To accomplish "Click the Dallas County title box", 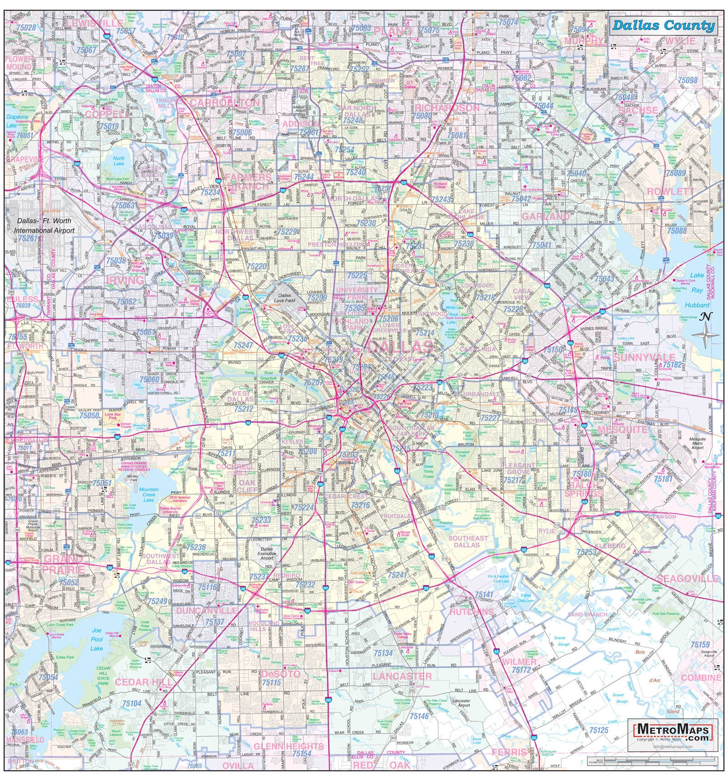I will [x=663, y=25].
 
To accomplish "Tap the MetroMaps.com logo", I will [x=673, y=731].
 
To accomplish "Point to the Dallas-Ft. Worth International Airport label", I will [x=44, y=225].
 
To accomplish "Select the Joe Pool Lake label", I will [x=96, y=639].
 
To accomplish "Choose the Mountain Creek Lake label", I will [x=149, y=495].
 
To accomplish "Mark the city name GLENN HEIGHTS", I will [x=288, y=746].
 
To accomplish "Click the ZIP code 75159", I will [x=700, y=645].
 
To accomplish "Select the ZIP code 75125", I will [x=598, y=730].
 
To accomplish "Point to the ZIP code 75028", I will [x=26, y=28].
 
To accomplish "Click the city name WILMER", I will [x=519, y=662].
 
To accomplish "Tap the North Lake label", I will [x=118, y=161].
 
